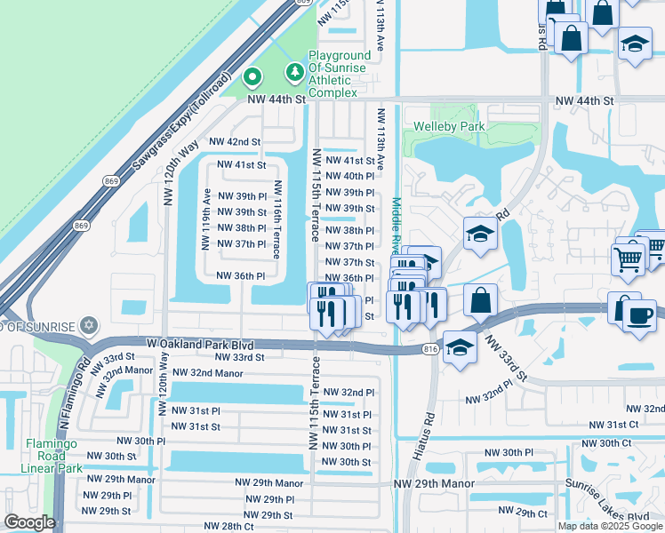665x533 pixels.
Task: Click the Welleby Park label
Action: [x=449, y=126]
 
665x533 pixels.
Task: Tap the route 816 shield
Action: [x=431, y=350]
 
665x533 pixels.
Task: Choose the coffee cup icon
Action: [x=638, y=315]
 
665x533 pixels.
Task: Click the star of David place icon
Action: [x=87, y=326]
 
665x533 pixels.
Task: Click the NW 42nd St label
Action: [x=235, y=141]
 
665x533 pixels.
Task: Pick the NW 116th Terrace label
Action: [x=277, y=219]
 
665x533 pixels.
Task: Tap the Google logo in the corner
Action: [x=29, y=521]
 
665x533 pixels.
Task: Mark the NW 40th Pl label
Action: [x=350, y=177]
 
